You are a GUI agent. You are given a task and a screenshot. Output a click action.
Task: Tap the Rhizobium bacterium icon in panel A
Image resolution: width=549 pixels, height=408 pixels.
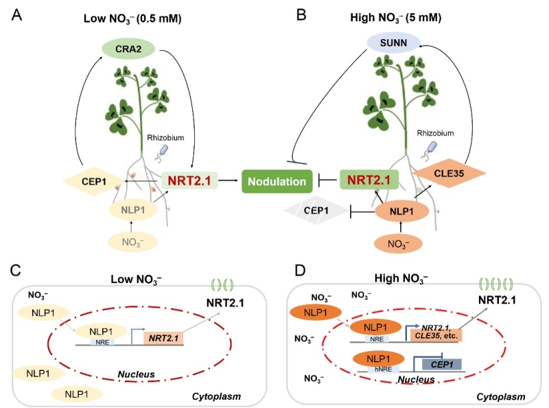(162, 151)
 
